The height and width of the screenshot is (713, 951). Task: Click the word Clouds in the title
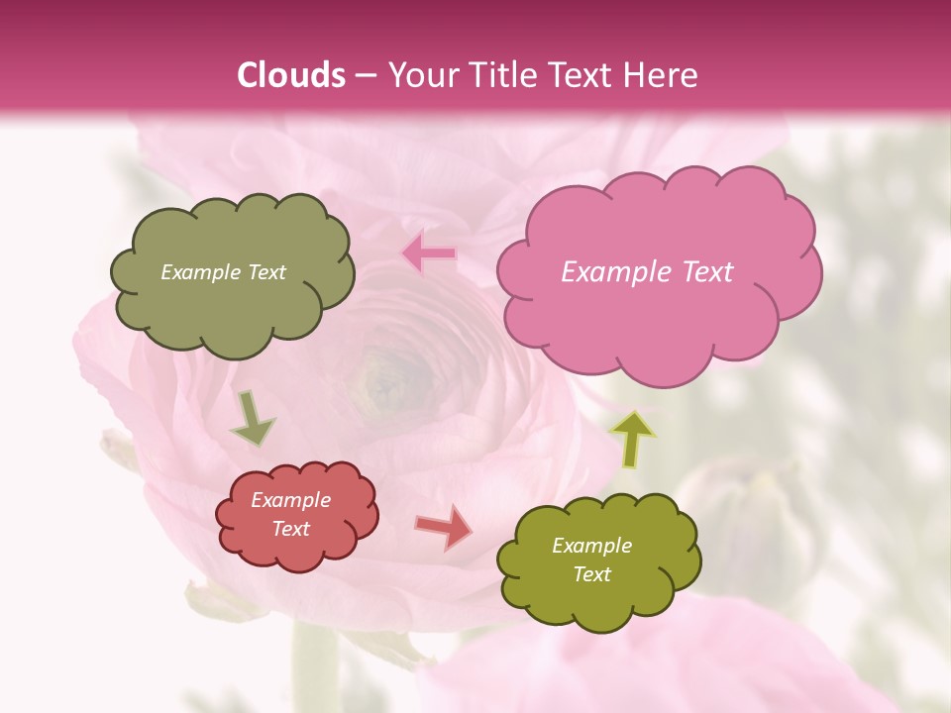click(x=291, y=75)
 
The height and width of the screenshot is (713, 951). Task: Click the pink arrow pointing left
click(x=430, y=254)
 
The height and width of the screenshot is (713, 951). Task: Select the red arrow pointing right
click(x=445, y=527)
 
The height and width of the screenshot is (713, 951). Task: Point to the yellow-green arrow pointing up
click(x=634, y=439)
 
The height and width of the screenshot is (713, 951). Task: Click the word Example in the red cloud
click(x=290, y=500)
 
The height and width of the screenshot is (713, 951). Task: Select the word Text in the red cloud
click(x=290, y=529)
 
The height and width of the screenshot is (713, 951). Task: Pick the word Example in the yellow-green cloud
click(x=591, y=546)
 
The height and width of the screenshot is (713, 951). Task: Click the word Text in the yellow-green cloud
click(x=591, y=574)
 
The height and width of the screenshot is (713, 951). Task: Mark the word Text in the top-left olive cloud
click(x=264, y=272)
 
